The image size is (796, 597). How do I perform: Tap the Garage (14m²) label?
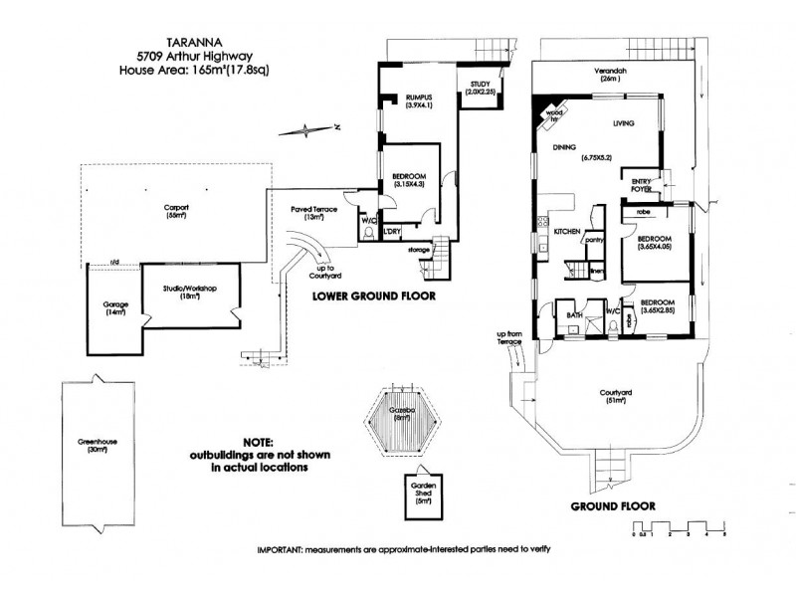115,308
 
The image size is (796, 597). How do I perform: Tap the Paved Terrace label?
310,214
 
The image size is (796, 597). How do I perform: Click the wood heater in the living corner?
550,113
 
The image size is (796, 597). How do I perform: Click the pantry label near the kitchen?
595,239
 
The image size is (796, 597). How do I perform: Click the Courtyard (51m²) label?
619,398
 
